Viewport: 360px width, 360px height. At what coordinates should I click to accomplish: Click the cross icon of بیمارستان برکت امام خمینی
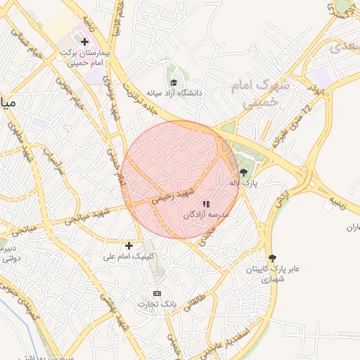(85, 42)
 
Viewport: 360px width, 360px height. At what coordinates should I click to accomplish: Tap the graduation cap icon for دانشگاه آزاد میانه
(174, 82)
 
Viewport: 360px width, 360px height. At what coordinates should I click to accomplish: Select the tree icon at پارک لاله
(243, 172)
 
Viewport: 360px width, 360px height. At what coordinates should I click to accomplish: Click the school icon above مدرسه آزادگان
(206, 204)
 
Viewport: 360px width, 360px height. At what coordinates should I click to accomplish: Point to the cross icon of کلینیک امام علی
(129, 245)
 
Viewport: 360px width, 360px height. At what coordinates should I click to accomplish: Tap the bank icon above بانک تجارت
(157, 292)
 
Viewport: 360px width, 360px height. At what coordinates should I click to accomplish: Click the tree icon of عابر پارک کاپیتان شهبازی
(273, 258)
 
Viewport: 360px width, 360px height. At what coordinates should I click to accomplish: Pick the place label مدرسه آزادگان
(206, 215)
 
